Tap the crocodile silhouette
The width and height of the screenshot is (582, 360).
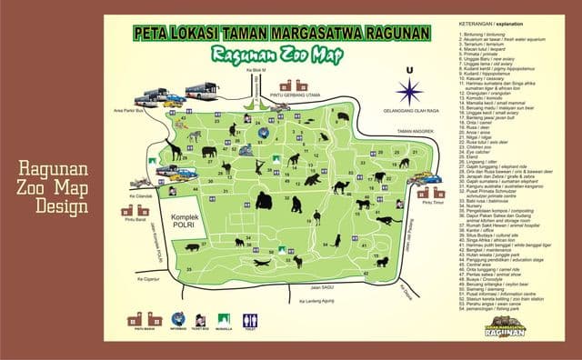(x=262, y=264)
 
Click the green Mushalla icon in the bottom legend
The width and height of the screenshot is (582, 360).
(x=223, y=320)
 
